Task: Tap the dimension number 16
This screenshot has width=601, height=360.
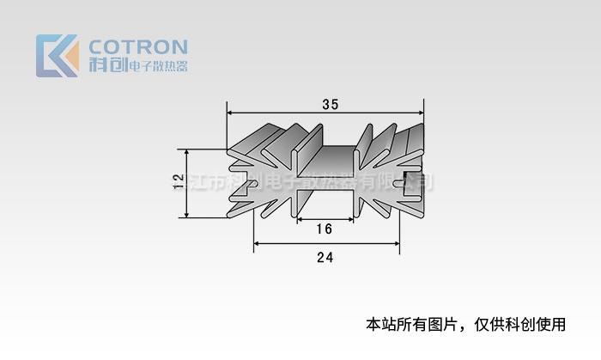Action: pyautogui.click(x=325, y=229)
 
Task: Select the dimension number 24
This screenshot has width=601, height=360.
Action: pyautogui.click(x=325, y=257)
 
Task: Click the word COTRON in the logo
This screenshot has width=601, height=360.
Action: pyautogui.click(x=138, y=46)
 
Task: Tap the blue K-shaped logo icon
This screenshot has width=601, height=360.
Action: pyautogui.click(x=57, y=56)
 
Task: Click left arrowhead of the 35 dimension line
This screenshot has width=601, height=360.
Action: pyautogui.click(x=230, y=112)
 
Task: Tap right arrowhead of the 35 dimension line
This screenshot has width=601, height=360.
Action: pyautogui.click(x=421, y=112)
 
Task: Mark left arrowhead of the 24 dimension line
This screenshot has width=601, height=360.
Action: pyautogui.click(x=257, y=245)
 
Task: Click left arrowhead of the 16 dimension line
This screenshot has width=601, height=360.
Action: pyautogui.click(x=299, y=220)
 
